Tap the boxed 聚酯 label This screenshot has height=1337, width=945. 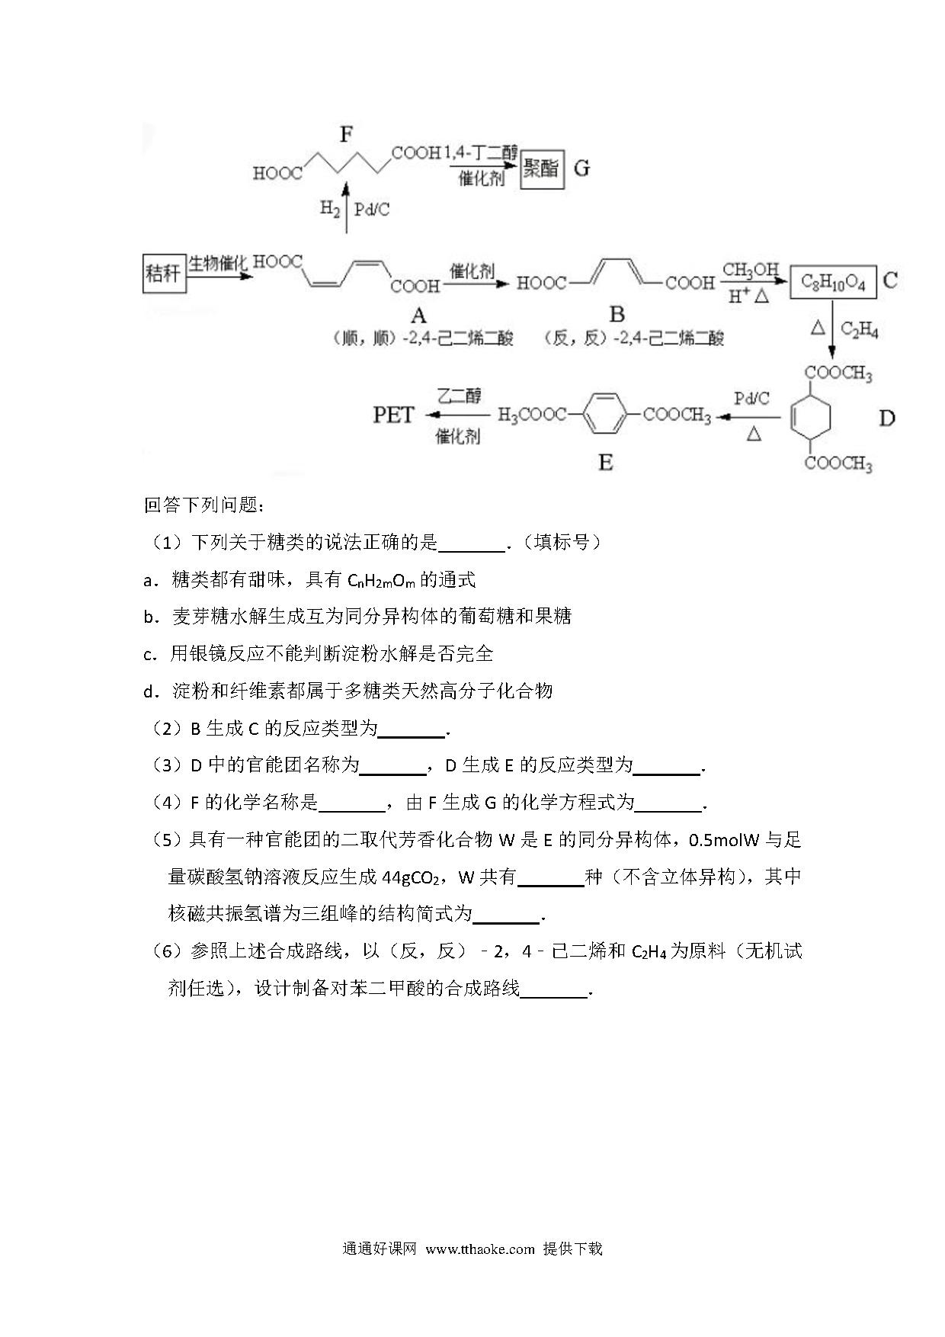click(541, 168)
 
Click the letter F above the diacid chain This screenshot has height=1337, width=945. click(347, 135)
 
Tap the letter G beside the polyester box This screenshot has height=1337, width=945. click(581, 168)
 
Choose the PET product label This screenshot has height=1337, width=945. click(393, 415)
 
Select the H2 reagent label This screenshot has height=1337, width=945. click(329, 209)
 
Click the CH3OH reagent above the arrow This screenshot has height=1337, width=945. click(750, 270)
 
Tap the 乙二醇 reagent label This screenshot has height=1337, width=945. click(459, 396)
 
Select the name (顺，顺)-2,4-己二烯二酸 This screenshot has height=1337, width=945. click(423, 338)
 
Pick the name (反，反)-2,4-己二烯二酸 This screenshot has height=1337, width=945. click(633, 338)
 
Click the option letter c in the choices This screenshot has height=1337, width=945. click(149, 655)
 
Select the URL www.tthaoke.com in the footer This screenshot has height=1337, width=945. click(480, 1249)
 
